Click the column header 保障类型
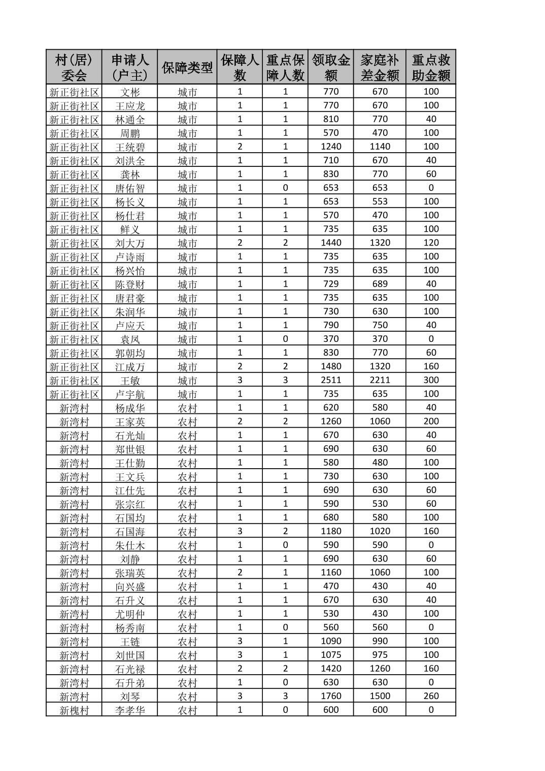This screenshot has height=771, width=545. click(187, 67)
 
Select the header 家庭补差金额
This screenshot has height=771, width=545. click(380, 67)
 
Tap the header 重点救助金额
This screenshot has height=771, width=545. click(431, 67)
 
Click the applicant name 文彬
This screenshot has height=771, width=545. click(130, 92)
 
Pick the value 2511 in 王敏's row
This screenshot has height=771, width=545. click(331, 380)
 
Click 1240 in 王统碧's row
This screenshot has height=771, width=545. click(331, 147)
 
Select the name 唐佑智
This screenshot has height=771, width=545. click(130, 189)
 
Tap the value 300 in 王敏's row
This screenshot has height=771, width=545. click(431, 380)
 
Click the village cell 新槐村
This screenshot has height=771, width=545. click(74, 710)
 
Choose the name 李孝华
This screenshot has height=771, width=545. click(130, 710)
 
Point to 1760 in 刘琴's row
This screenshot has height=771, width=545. click(331, 696)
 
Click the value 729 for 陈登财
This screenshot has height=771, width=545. click(331, 284)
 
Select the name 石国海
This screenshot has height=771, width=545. click(130, 532)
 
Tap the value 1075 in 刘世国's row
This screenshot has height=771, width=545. click(331, 655)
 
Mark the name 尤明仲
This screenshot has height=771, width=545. click(130, 614)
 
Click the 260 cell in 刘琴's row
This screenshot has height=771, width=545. click(431, 696)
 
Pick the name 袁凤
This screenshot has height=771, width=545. click(130, 339)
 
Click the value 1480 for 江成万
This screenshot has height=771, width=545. click(331, 366)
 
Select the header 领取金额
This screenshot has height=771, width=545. click(331, 67)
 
